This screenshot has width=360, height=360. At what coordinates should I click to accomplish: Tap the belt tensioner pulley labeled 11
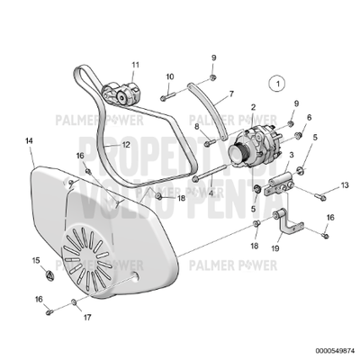click(121, 90)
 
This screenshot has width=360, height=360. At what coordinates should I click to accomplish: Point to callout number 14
click(29, 141)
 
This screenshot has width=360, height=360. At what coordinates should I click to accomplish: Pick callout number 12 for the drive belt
click(127, 144)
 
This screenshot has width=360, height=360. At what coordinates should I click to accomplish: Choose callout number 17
click(87, 318)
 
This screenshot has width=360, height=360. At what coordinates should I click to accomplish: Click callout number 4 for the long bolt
click(210, 192)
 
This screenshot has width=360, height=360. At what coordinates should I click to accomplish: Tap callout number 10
click(170, 77)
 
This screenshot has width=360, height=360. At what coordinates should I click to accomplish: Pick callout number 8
click(197, 126)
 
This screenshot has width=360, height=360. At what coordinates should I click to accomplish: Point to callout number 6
click(309, 117)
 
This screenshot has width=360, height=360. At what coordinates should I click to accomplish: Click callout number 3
click(291, 155)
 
